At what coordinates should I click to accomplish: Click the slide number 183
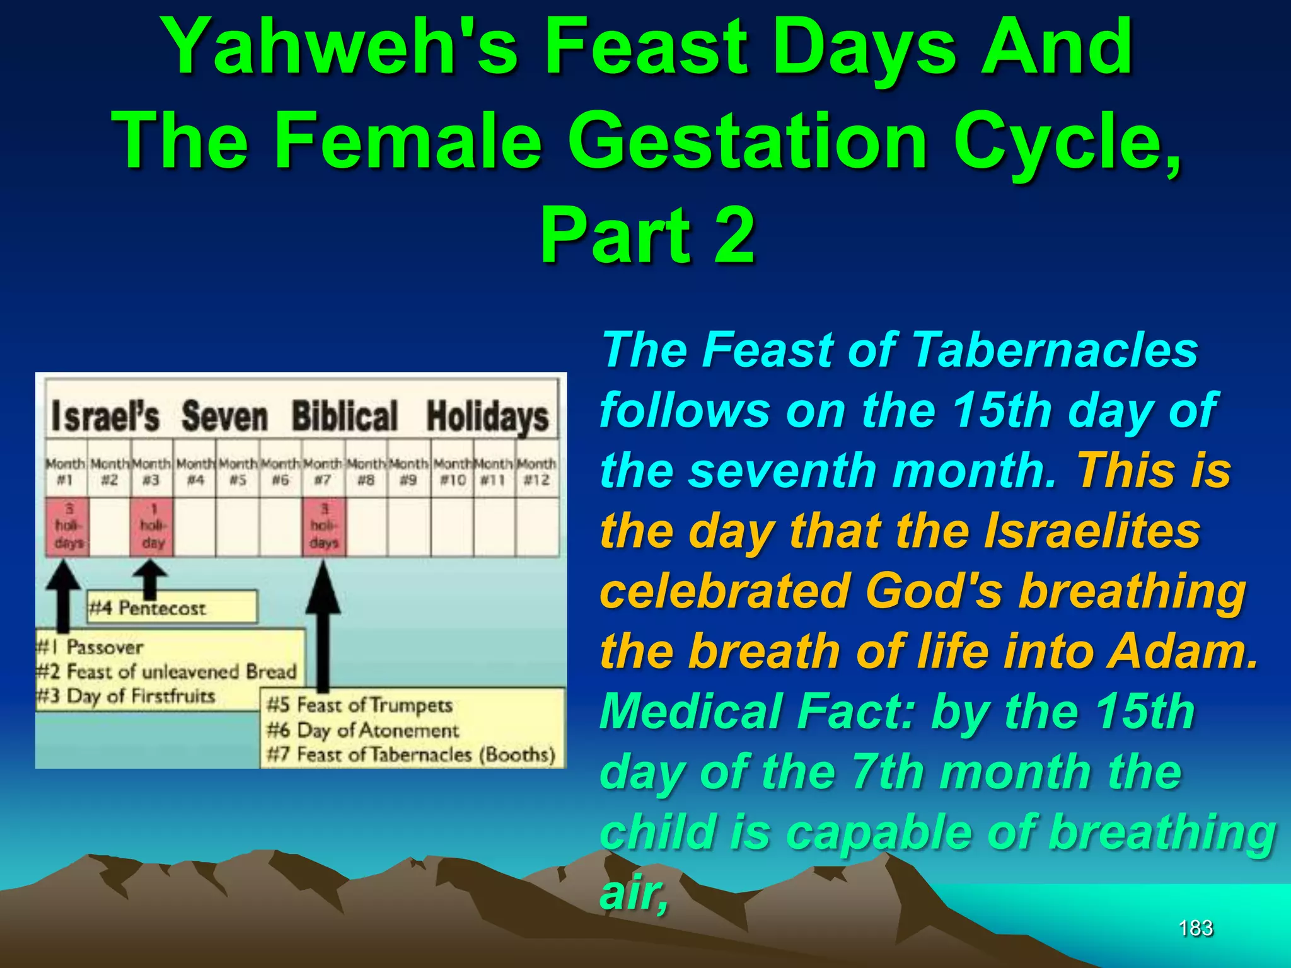click(x=1195, y=928)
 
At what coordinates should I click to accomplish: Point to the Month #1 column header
click(x=66, y=472)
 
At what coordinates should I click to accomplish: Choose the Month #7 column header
click(x=323, y=472)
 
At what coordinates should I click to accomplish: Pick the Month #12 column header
click(x=536, y=472)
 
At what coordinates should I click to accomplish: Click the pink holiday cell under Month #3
click(x=152, y=526)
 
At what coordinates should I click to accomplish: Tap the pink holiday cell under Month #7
click(x=324, y=526)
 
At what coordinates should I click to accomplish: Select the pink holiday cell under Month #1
click(x=67, y=526)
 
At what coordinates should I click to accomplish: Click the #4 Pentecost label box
click(x=171, y=608)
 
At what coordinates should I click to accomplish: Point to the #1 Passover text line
click(x=91, y=647)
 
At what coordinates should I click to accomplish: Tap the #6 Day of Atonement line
click(x=363, y=730)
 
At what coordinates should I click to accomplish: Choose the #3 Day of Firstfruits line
click(x=126, y=696)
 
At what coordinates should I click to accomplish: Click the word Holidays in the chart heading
click(x=487, y=417)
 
